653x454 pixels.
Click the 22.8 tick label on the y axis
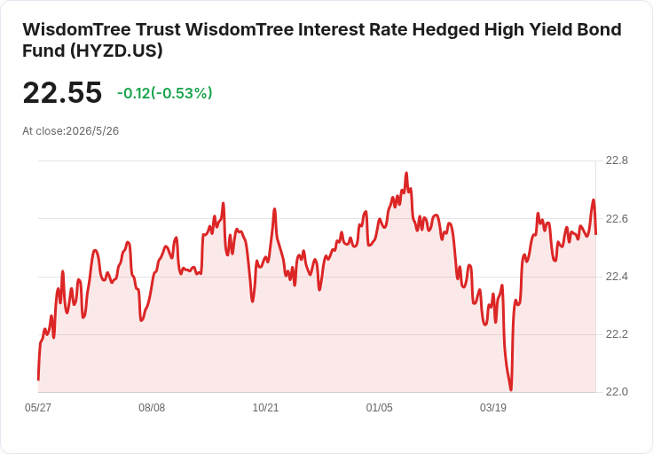point(617,160)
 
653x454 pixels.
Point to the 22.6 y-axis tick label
point(617,218)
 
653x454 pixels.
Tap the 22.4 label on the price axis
point(617,277)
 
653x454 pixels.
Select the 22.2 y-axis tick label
point(617,334)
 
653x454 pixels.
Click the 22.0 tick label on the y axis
point(617,392)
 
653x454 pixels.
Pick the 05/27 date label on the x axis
point(38,407)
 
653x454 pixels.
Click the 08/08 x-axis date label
point(152,407)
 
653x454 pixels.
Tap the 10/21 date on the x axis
point(265,407)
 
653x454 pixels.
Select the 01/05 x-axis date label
point(379,407)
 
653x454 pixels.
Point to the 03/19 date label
point(492,407)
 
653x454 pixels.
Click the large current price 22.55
point(62,92)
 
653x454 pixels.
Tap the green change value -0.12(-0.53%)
point(164,93)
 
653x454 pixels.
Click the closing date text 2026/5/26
point(92,131)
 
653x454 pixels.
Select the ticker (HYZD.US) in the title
point(115,51)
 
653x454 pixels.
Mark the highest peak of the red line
point(406,173)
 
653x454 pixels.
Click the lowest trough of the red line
point(511,390)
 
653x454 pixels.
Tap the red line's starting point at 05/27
point(38,380)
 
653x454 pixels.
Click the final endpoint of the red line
point(596,234)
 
